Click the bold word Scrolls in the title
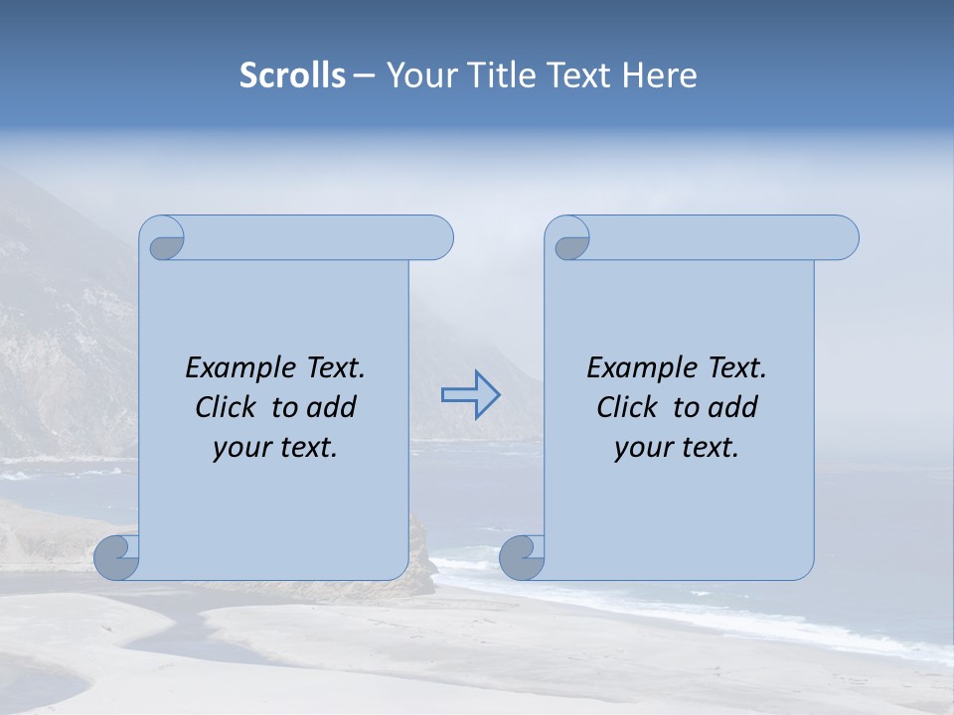pyautogui.click(x=293, y=75)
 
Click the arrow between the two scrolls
pyautogui.click(x=471, y=394)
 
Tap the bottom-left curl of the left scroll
pyautogui.click(x=116, y=557)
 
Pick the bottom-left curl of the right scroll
pyautogui.click(x=521, y=557)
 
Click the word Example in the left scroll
pyautogui.click(x=239, y=368)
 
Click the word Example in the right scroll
pyautogui.click(x=641, y=368)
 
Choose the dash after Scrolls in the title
pyautogui.click(x=364, y=75)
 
